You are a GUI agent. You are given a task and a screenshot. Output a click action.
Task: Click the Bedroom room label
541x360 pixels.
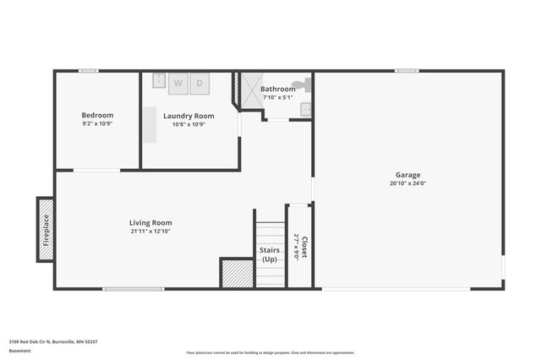pos(97,115)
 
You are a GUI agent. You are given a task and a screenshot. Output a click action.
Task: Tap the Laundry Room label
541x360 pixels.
pos(189,116)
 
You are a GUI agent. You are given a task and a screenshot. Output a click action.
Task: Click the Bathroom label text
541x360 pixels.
pos(277,89)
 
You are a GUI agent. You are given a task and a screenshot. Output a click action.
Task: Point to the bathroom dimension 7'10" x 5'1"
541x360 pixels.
pos(277,97)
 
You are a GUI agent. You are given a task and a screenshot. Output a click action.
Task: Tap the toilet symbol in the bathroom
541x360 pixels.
pos(305,85)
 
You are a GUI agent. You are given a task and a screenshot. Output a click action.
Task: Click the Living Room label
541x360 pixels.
pos(151,223)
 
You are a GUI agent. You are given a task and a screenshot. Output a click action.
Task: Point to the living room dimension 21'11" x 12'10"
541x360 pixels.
pos(151,232)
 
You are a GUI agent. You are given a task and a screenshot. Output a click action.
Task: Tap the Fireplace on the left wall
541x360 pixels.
pos(46,229)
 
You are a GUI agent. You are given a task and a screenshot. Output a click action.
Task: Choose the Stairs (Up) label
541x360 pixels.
pos(270,254)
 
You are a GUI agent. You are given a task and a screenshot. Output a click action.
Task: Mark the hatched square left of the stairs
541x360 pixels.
pos(237,274)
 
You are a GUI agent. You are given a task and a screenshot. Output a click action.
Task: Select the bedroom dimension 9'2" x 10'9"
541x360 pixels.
pos(97,124)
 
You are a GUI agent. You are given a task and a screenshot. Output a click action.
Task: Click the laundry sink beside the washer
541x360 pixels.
pos(159,81)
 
